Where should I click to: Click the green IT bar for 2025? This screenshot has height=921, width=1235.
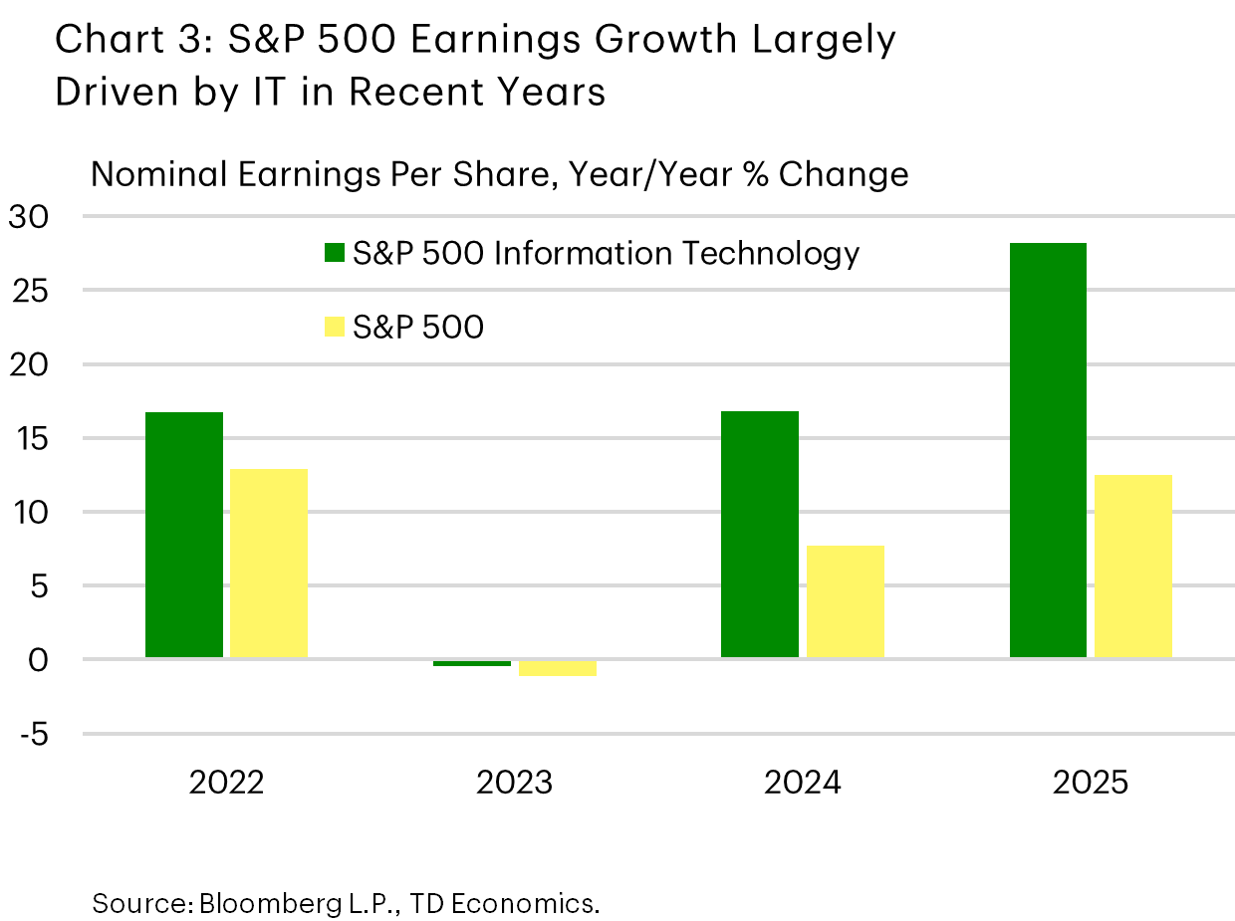pos(1048,450)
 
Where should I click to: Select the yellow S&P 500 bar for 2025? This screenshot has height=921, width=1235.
pos(1133,566)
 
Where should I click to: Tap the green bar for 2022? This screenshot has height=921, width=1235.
pos(184,535)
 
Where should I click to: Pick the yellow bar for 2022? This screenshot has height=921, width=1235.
pos(269,563)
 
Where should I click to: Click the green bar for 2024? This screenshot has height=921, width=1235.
pos(759,535)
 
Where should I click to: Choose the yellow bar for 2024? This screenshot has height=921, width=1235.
pos(845,601)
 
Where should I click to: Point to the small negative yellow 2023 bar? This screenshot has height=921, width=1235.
pos(558,668)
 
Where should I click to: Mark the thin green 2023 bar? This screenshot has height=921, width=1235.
pos(472,663)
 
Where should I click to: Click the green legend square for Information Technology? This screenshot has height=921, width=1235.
pos(334,253)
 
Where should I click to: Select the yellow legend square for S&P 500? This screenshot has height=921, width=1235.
pos(334,326)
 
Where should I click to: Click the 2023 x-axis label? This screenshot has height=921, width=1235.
pos(514,783)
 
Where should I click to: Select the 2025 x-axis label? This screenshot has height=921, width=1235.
pos(1091,783)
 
